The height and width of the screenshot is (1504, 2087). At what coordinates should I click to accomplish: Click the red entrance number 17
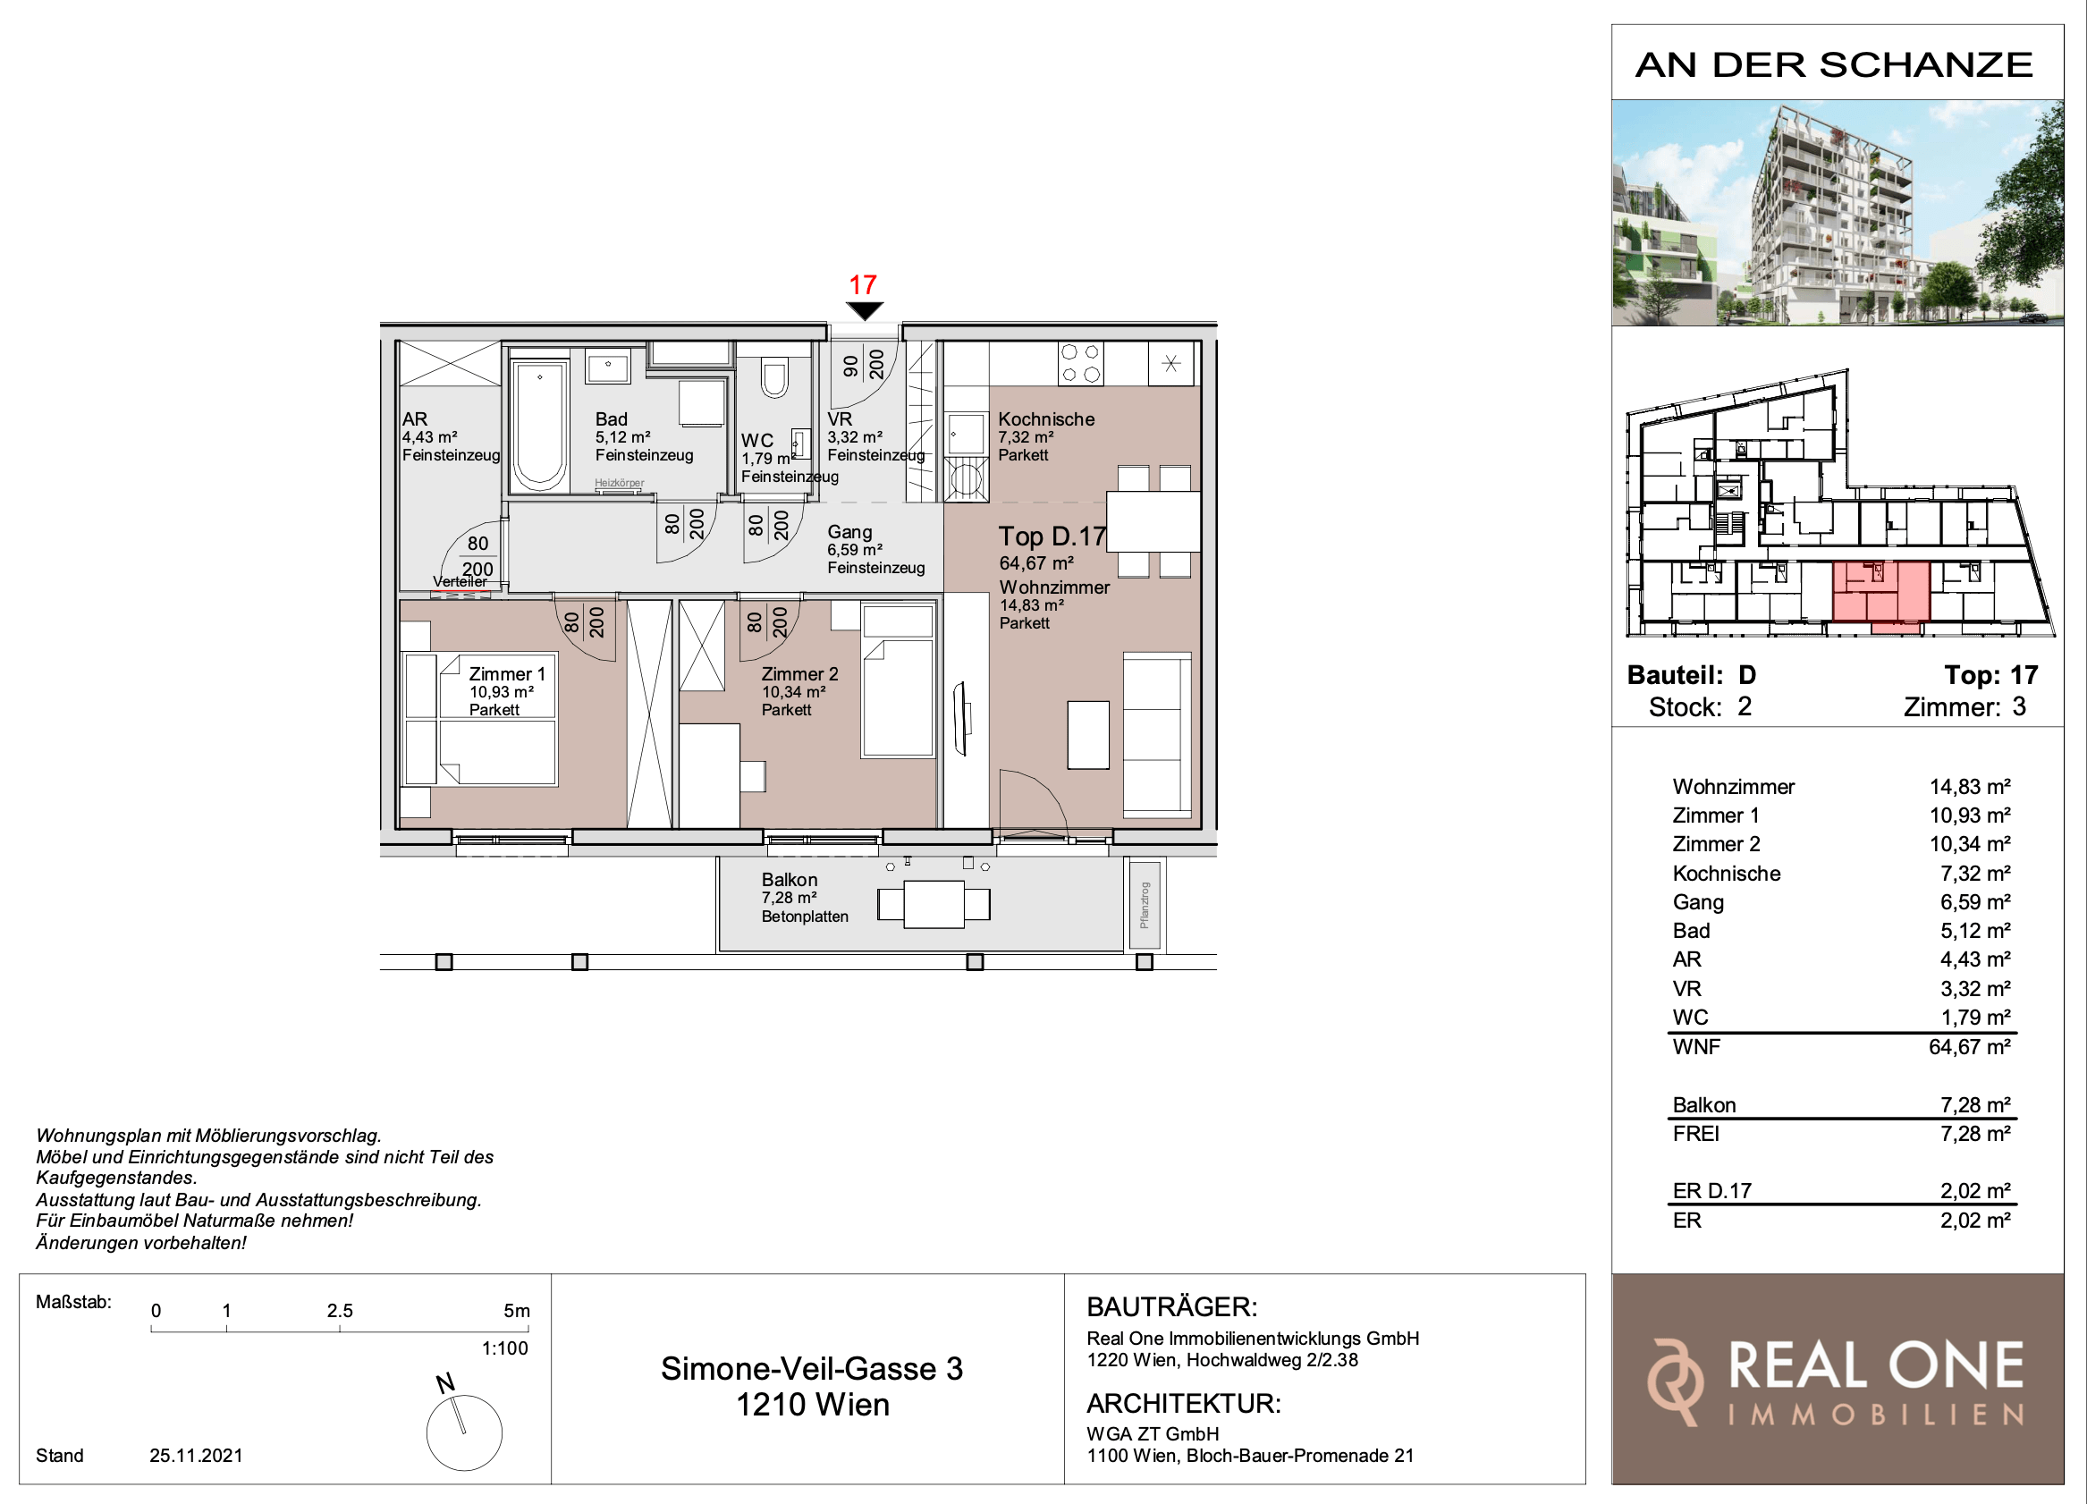(x=862, y=284)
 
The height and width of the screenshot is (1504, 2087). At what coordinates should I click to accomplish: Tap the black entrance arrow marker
(x=864, y=311)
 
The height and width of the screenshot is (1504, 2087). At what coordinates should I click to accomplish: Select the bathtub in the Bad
(x=539, y=425)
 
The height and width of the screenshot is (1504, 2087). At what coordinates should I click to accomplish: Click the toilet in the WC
(x=775, y=377)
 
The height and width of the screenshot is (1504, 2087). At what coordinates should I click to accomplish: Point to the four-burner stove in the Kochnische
(x=1080, y=363)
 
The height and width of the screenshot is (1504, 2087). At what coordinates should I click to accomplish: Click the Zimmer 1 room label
(x=507, y=674)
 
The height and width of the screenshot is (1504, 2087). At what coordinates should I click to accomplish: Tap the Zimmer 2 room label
(x=799, y=674)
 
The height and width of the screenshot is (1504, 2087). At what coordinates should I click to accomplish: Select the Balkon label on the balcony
(x=790, y=880)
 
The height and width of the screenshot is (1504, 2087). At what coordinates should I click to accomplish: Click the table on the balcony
(x=934, y=904)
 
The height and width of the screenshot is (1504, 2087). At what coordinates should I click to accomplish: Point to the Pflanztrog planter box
(x=1144, y=905)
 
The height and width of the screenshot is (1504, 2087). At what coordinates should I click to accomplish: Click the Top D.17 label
(x=1052, y=536)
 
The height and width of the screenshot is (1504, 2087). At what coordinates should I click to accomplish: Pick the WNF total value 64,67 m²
(x=1969, y=1046)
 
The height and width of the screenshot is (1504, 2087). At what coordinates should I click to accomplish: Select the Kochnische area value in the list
(x=1974, y=874)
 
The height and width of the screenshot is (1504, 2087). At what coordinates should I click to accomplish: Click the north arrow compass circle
(x=464, y=1432)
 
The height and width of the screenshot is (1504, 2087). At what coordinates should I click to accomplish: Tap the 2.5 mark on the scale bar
(x=340, y=1311)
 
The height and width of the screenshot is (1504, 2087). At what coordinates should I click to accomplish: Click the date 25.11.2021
(x=196, y=1455)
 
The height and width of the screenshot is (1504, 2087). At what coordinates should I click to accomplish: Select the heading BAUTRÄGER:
(x=1171, y=1307)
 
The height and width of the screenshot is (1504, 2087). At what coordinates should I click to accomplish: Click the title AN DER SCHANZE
(x=1834, y=64)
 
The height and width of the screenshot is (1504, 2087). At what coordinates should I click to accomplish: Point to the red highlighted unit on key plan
(x=1880, y=594)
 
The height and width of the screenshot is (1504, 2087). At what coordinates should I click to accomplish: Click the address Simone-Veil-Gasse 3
(x=812, y=1369)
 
